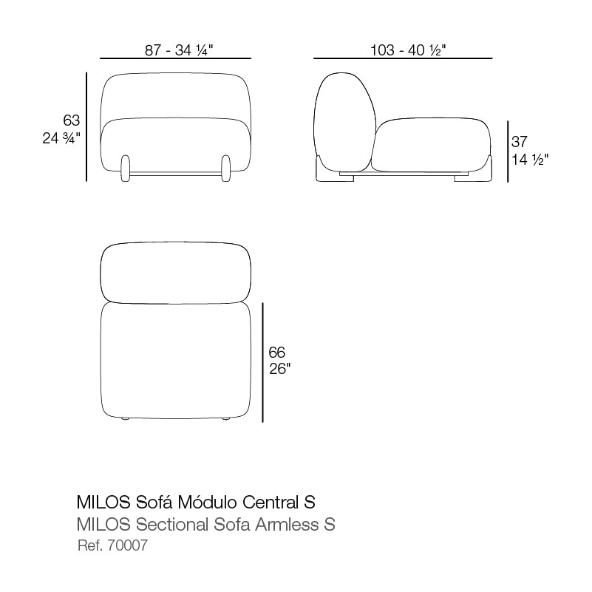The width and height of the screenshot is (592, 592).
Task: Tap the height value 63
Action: click(x=71, y=120)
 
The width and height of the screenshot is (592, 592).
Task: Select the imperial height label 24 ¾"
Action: click(x=61, y=137)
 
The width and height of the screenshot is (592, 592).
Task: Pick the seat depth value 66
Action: click(x=277, y=353)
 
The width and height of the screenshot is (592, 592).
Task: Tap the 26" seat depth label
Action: click(x=280, y=369)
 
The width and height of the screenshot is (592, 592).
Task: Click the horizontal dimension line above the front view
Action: click(x=175, y=58)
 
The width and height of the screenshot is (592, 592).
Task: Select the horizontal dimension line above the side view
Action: click(x=403, y=58)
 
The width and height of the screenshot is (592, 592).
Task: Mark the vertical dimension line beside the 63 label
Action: click(x=87, y=126)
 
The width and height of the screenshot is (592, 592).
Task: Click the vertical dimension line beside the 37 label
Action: click(x=507, y=152)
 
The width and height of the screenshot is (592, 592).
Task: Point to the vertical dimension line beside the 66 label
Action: click(x=263, y=362)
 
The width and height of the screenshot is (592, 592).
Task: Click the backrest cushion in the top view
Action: click(x=175, y=271)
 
